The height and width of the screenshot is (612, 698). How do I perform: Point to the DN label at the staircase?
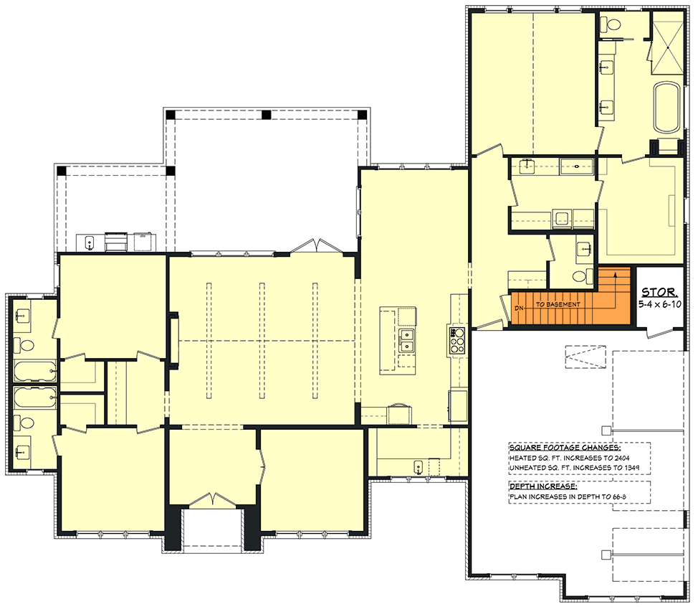pyautogui.click(x=519, y=309)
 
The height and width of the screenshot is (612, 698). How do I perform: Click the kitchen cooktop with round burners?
pyautogui.click(x=457, y=340)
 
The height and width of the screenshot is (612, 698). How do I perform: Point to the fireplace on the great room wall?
pyautogui.click(x=173, y=339)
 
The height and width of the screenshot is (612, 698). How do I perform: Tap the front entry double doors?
pyautogui.click(x=211, y=501)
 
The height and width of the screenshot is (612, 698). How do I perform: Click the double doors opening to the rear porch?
pyautogui.click(x=316, y=247)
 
